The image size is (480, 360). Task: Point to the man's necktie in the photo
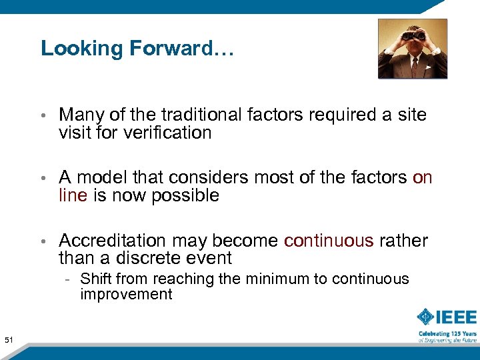tap(413, 67)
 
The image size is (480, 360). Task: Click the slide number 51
tap(9, 341)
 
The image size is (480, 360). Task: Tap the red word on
tap(423, 177)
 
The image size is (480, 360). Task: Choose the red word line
tap(73, 195)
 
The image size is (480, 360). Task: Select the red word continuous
tap(329, 241)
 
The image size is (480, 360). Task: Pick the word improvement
tap(126, 295)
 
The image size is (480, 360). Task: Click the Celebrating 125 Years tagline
tap(447, 333)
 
